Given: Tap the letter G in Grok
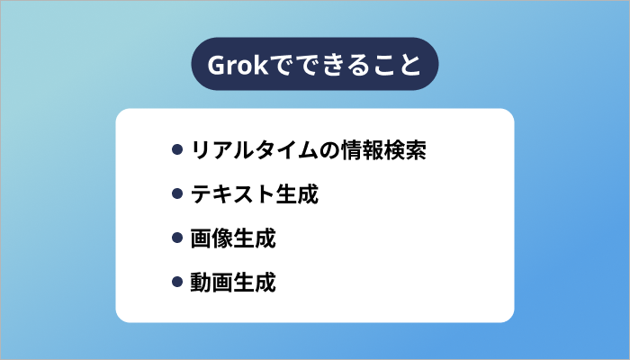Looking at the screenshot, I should pos(217,66).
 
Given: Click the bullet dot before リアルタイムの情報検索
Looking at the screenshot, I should pos(177,149).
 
